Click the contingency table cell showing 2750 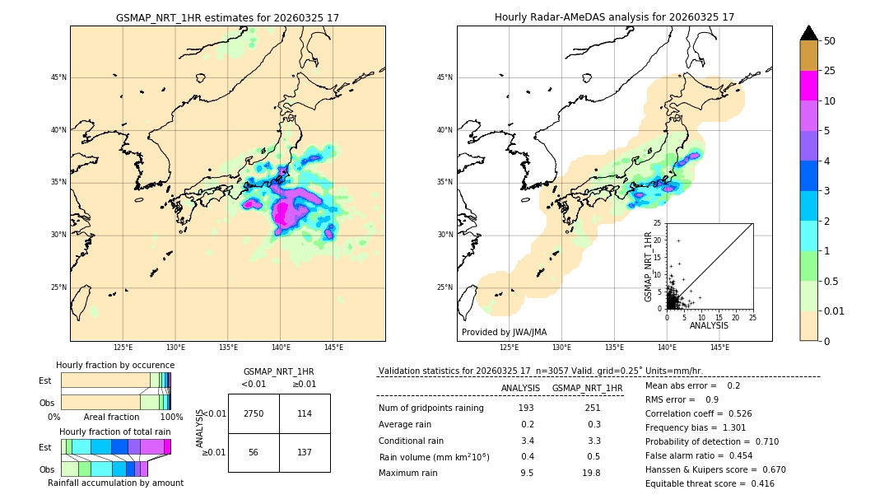(x=253, y=413)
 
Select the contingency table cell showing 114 (x=305, y=413)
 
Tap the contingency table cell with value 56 (x=253, y=452)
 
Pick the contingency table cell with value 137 (x=305, y=452)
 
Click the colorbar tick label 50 (x=830, y=41)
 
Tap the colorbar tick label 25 (x=830, y=71)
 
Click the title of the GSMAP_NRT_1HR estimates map (x=227, y=17)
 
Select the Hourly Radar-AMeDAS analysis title (x=614, y=17)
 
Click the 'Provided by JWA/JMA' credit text (x=504, y=332)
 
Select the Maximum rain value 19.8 (x=590, y=473)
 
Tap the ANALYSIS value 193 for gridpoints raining (x=526, y=408)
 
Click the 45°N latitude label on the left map (x=58, y=77)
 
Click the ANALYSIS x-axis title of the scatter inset (x=709, y=325)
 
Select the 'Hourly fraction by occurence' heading (x=115, y=365)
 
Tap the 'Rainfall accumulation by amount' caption (x=115, y=483)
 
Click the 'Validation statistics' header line (x=540, y=371)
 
